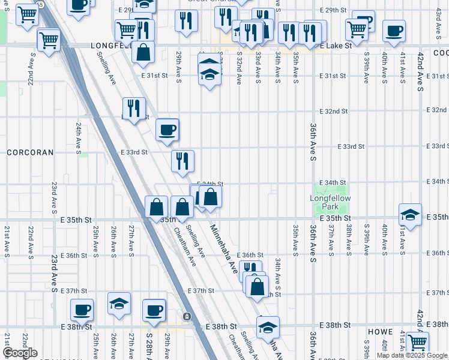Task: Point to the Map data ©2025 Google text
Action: click(x=412, y=355)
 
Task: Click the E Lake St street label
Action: click(x=334, y=46)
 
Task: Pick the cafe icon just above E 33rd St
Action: click(x=167, y=130)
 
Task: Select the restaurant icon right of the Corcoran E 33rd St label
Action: click(x=182, y=161)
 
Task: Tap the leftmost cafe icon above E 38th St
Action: click(x=82, y=310)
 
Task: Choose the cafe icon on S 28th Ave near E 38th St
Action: click(x=154, y=310)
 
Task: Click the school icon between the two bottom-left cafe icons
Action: click(x=119, y=304)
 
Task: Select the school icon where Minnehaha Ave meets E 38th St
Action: click(x=268, y=327)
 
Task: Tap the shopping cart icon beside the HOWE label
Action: click(x=417, y=343)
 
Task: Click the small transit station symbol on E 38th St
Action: click(x=187, y=316)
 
